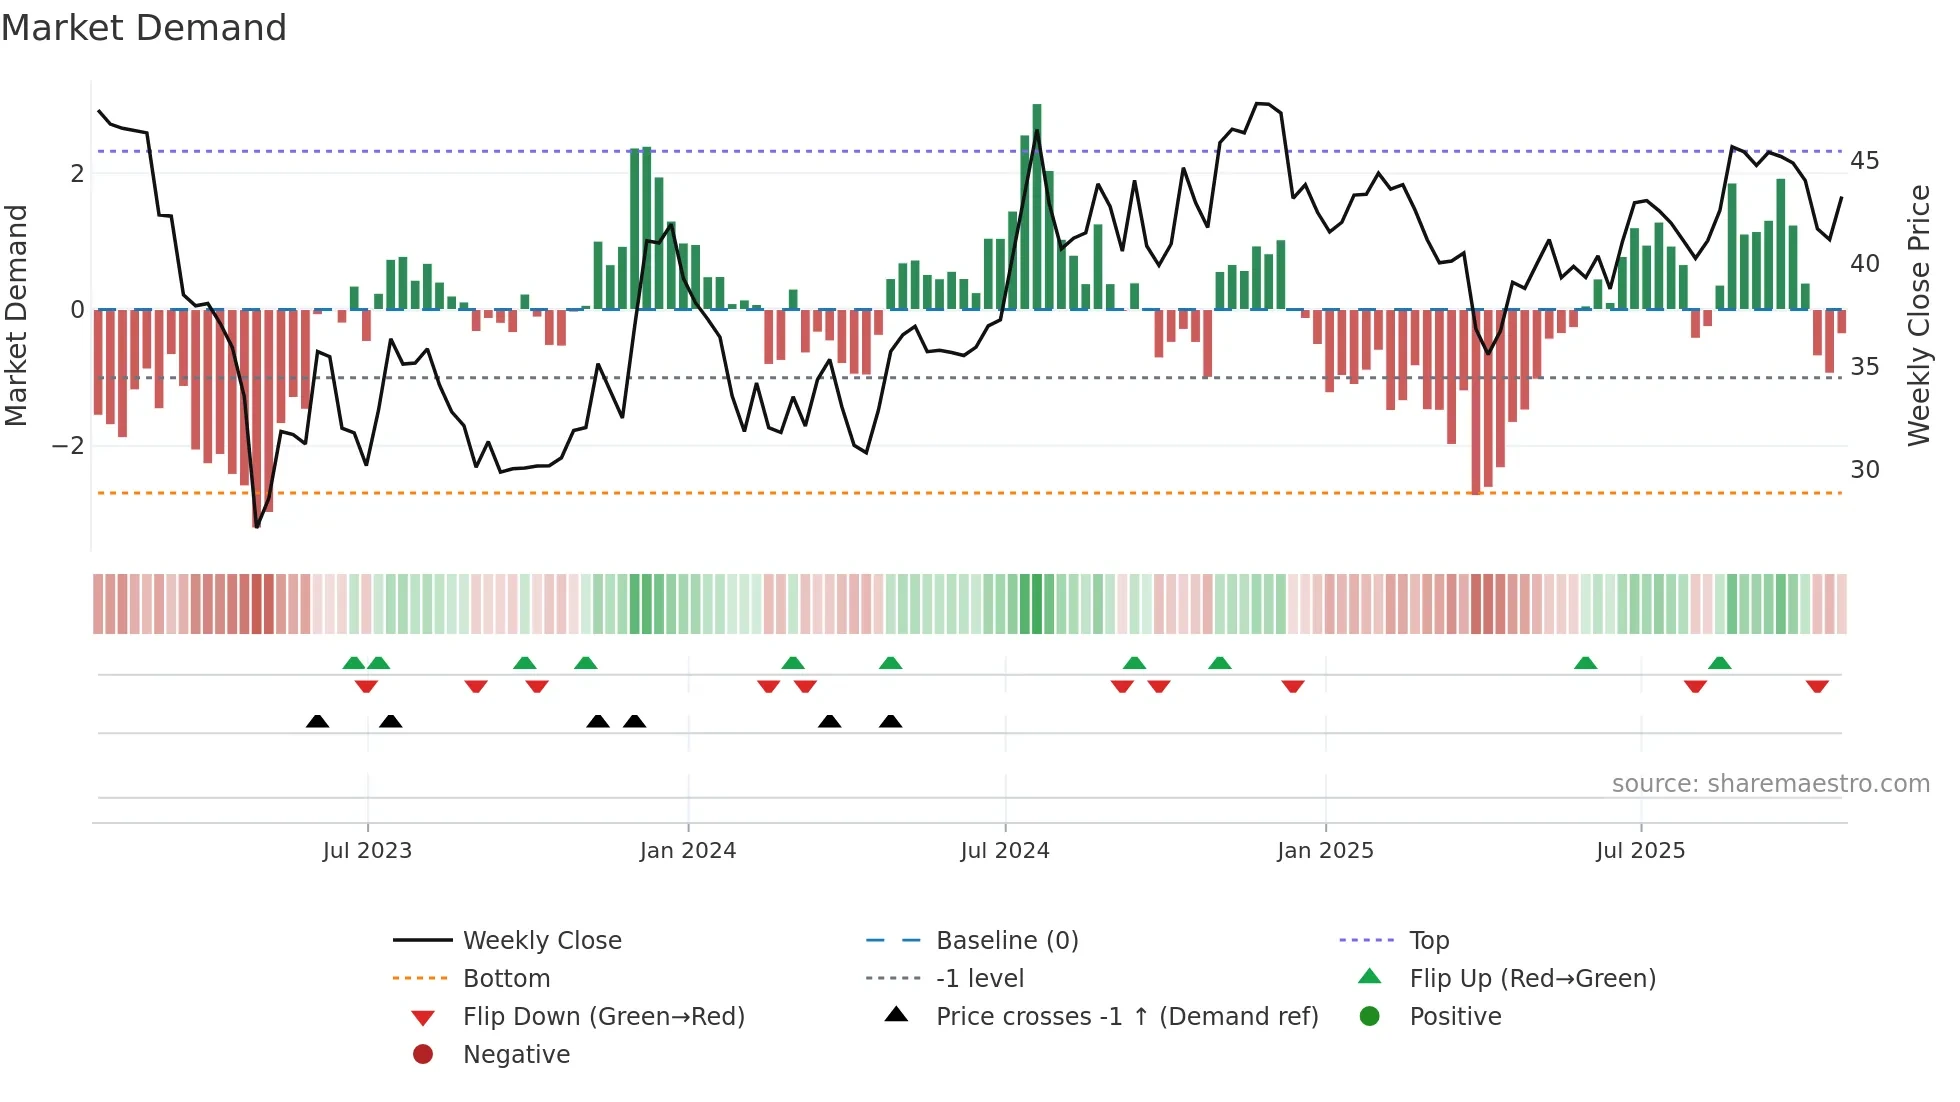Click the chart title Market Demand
point(144,28)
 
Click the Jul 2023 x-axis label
point(367,851)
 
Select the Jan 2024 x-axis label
point(688,851)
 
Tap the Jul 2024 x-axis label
point(1005,851)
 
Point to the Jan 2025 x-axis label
point(1325,851)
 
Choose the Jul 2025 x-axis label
point(1641,851)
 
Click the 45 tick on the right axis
point(1864,161)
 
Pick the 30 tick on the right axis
point(1864,470)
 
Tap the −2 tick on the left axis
point(68,446)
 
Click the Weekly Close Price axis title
point(1918,315)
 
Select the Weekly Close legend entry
point(541,941)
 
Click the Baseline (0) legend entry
point(1006,941)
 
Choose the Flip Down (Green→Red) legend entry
point(603,1017)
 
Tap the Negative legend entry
point(516,1055)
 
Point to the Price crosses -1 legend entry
point(1126,1017)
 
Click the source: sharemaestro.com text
point(1770,784)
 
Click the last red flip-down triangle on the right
point(1817,687)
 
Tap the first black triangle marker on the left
point(317,721)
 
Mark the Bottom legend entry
point(506,979)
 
